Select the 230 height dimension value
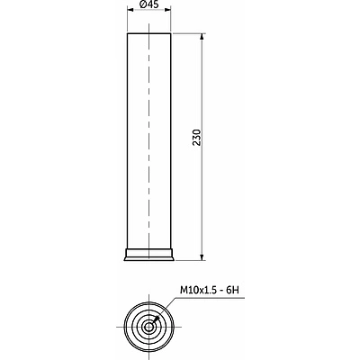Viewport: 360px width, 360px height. tap(196, 138)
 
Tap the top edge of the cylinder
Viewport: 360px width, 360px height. tap(149, 35)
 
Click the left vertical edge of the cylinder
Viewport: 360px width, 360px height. tap(130, 135)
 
